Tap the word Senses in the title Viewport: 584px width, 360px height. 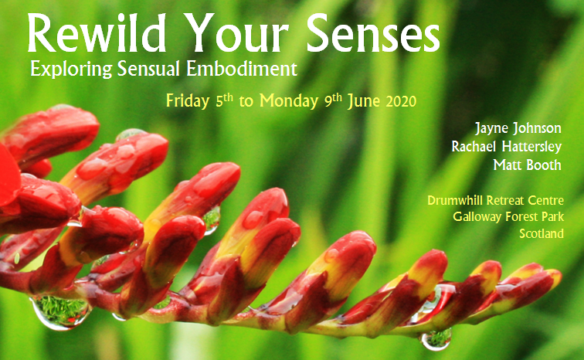pyautogui.click(x=373, y=33)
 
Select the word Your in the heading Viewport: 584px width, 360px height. pyautogui.click(x=236, y=33)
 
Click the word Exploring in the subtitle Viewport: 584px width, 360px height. pyautogui.click(x=71, y=70)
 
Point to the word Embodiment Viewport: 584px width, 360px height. pyautogui.click(x=242, y=69)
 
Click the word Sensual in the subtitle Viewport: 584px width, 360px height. pyautogui.click(x=148, y=69)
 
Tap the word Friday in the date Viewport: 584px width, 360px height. pyautogui.click(x=188, y=101)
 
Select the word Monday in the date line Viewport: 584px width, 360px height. pyautogui.click(x=289, y=101)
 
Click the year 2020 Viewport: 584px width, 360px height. pyautogui.click(x=401, y=101)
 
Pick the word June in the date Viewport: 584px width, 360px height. pyautogui.click(x=364, y=101)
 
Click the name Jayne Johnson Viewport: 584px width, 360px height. pyautogui.click(x=518, y=128)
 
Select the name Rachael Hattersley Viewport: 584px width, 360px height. pyautogui.click(x=507, y=146)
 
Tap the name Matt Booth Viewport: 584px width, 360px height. pyautogui.click(x=527, y=165)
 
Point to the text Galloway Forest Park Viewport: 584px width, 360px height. pyautogui.click(x=508, y=216)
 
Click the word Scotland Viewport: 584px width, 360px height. pyautogui.click(x=542, y=233)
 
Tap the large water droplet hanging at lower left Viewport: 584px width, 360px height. pyautogui.click(x=61, y=312)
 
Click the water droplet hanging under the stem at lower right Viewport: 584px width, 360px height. pyautogui.click(x=436, y=339)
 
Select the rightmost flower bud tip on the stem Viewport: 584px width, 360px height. pyautogui.click(x=557, y=277)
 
